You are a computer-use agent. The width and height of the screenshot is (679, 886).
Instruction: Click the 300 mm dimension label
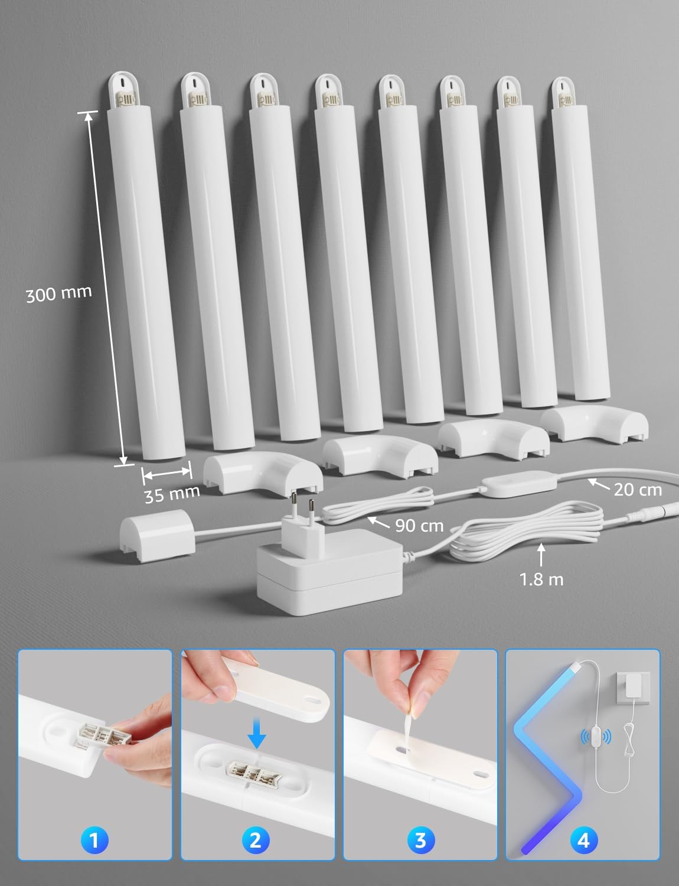[x=58, y=293]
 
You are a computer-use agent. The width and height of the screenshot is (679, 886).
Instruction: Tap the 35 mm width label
[x=172, y=494]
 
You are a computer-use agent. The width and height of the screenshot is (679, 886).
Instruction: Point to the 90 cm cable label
[x=419, y=525]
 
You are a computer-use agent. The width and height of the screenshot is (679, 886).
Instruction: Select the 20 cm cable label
[x=637, y=489]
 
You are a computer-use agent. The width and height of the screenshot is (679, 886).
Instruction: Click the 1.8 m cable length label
[x=541, y=579]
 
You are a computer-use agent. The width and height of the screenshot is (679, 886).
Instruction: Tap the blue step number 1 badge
[x=94, y=840]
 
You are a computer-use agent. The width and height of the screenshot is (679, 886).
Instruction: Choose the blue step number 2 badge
[x=256, y=840]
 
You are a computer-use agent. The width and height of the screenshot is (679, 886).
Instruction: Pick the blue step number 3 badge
[x=420, y=840]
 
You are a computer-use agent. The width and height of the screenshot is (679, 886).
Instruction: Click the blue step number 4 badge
[x=583, y=840]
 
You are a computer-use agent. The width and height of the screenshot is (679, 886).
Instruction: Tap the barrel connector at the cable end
[x=661, y=507]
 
